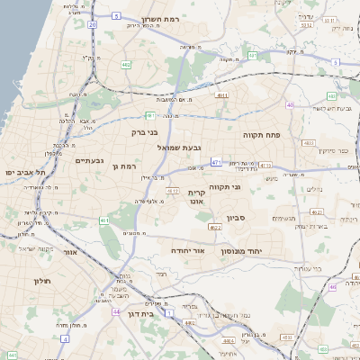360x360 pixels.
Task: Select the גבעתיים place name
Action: (x=92, y=161)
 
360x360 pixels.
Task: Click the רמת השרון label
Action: (x=162, y=18)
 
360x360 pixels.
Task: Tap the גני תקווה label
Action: (x=225, y=186)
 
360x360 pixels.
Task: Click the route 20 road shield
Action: (x=93, y=25)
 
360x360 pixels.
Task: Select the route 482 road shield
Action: (x=126, y=65)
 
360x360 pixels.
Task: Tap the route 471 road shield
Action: (x=216, y=161)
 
